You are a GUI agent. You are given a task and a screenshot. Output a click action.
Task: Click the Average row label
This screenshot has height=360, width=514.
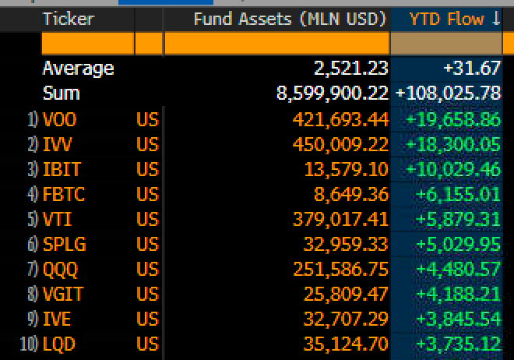(78, 69)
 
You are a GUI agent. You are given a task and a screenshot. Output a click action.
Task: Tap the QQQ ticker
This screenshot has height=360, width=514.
(61, 269)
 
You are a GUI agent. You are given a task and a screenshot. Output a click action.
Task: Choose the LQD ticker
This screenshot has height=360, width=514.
(59, 344)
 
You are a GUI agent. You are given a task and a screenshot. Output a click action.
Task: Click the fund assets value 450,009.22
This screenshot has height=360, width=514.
(339, 144)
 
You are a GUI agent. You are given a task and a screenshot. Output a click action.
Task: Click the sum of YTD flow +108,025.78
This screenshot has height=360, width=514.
(448, 94)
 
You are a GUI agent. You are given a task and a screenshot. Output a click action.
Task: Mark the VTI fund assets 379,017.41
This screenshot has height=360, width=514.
(339, 219)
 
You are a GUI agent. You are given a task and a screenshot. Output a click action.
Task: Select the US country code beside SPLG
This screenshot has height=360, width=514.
(147, 244)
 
